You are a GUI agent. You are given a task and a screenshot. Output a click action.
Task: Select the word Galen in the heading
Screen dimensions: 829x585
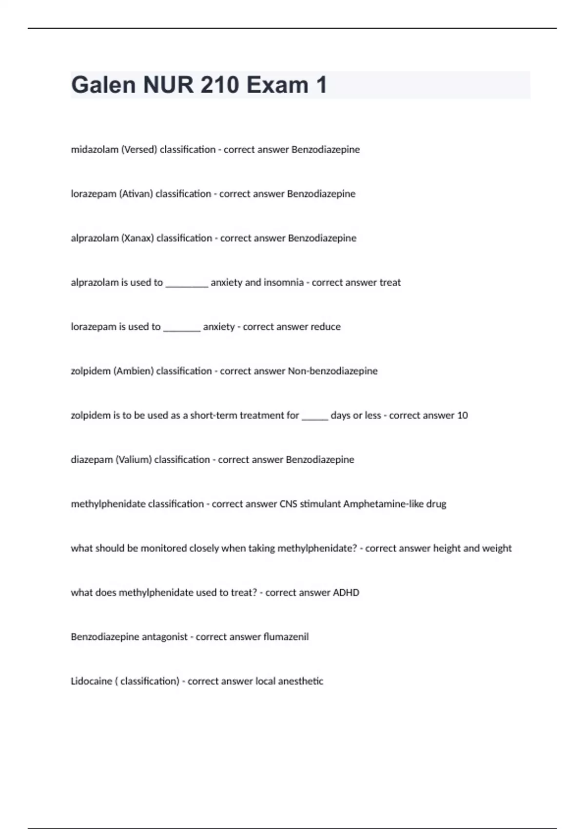click(x=103, y=85)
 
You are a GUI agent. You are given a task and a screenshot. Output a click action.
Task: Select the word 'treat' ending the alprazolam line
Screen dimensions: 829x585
click(x=390, y=283)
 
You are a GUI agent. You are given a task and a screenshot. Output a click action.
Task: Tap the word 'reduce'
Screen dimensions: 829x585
click(x=326, y=327)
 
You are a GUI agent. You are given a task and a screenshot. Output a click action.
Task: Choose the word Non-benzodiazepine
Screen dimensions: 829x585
click(x=332, y=371)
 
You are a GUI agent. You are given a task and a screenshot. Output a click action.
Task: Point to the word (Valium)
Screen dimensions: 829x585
click(x=133, y=460)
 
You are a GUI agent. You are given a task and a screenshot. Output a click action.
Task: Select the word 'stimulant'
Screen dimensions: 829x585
click(x=320, y=504)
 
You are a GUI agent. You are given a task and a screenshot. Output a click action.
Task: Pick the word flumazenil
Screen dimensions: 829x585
click(x=286, y=637)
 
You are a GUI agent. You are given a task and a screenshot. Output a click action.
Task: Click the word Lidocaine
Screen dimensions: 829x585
click(x=92, y=681)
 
